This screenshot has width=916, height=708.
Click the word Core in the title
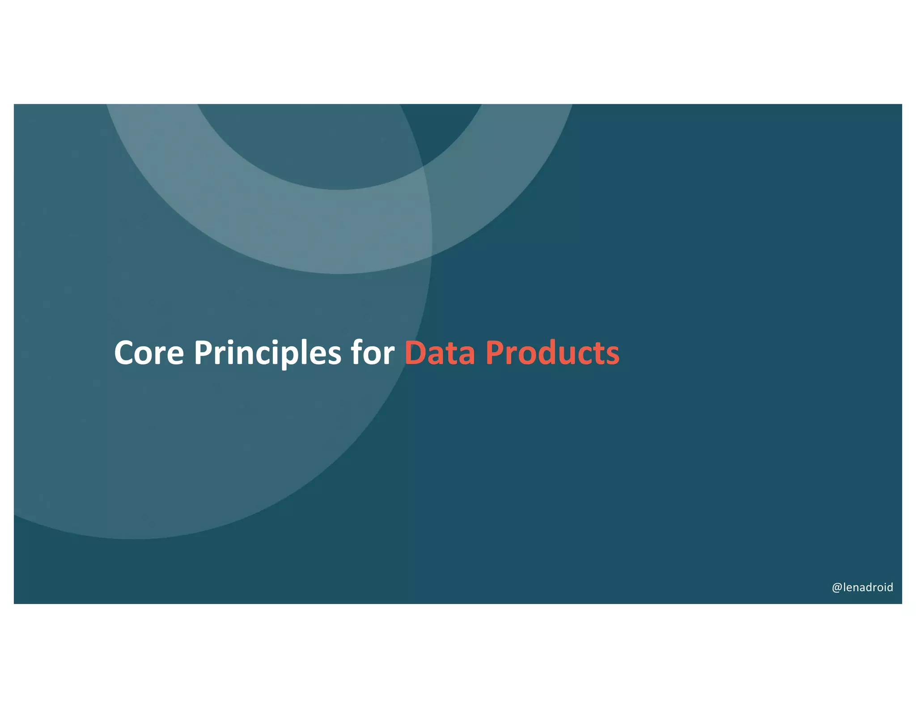pos(149,354)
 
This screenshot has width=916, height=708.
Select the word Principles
pos(267,354)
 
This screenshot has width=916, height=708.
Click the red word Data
pos(439,354)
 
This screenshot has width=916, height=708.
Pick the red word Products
pos(552,354)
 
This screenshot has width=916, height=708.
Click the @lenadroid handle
pos(862,587)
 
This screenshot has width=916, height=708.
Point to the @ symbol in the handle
pos(836,588)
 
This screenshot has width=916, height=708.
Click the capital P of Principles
pos(203,354)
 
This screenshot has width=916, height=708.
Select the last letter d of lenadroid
pos(889,587)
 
